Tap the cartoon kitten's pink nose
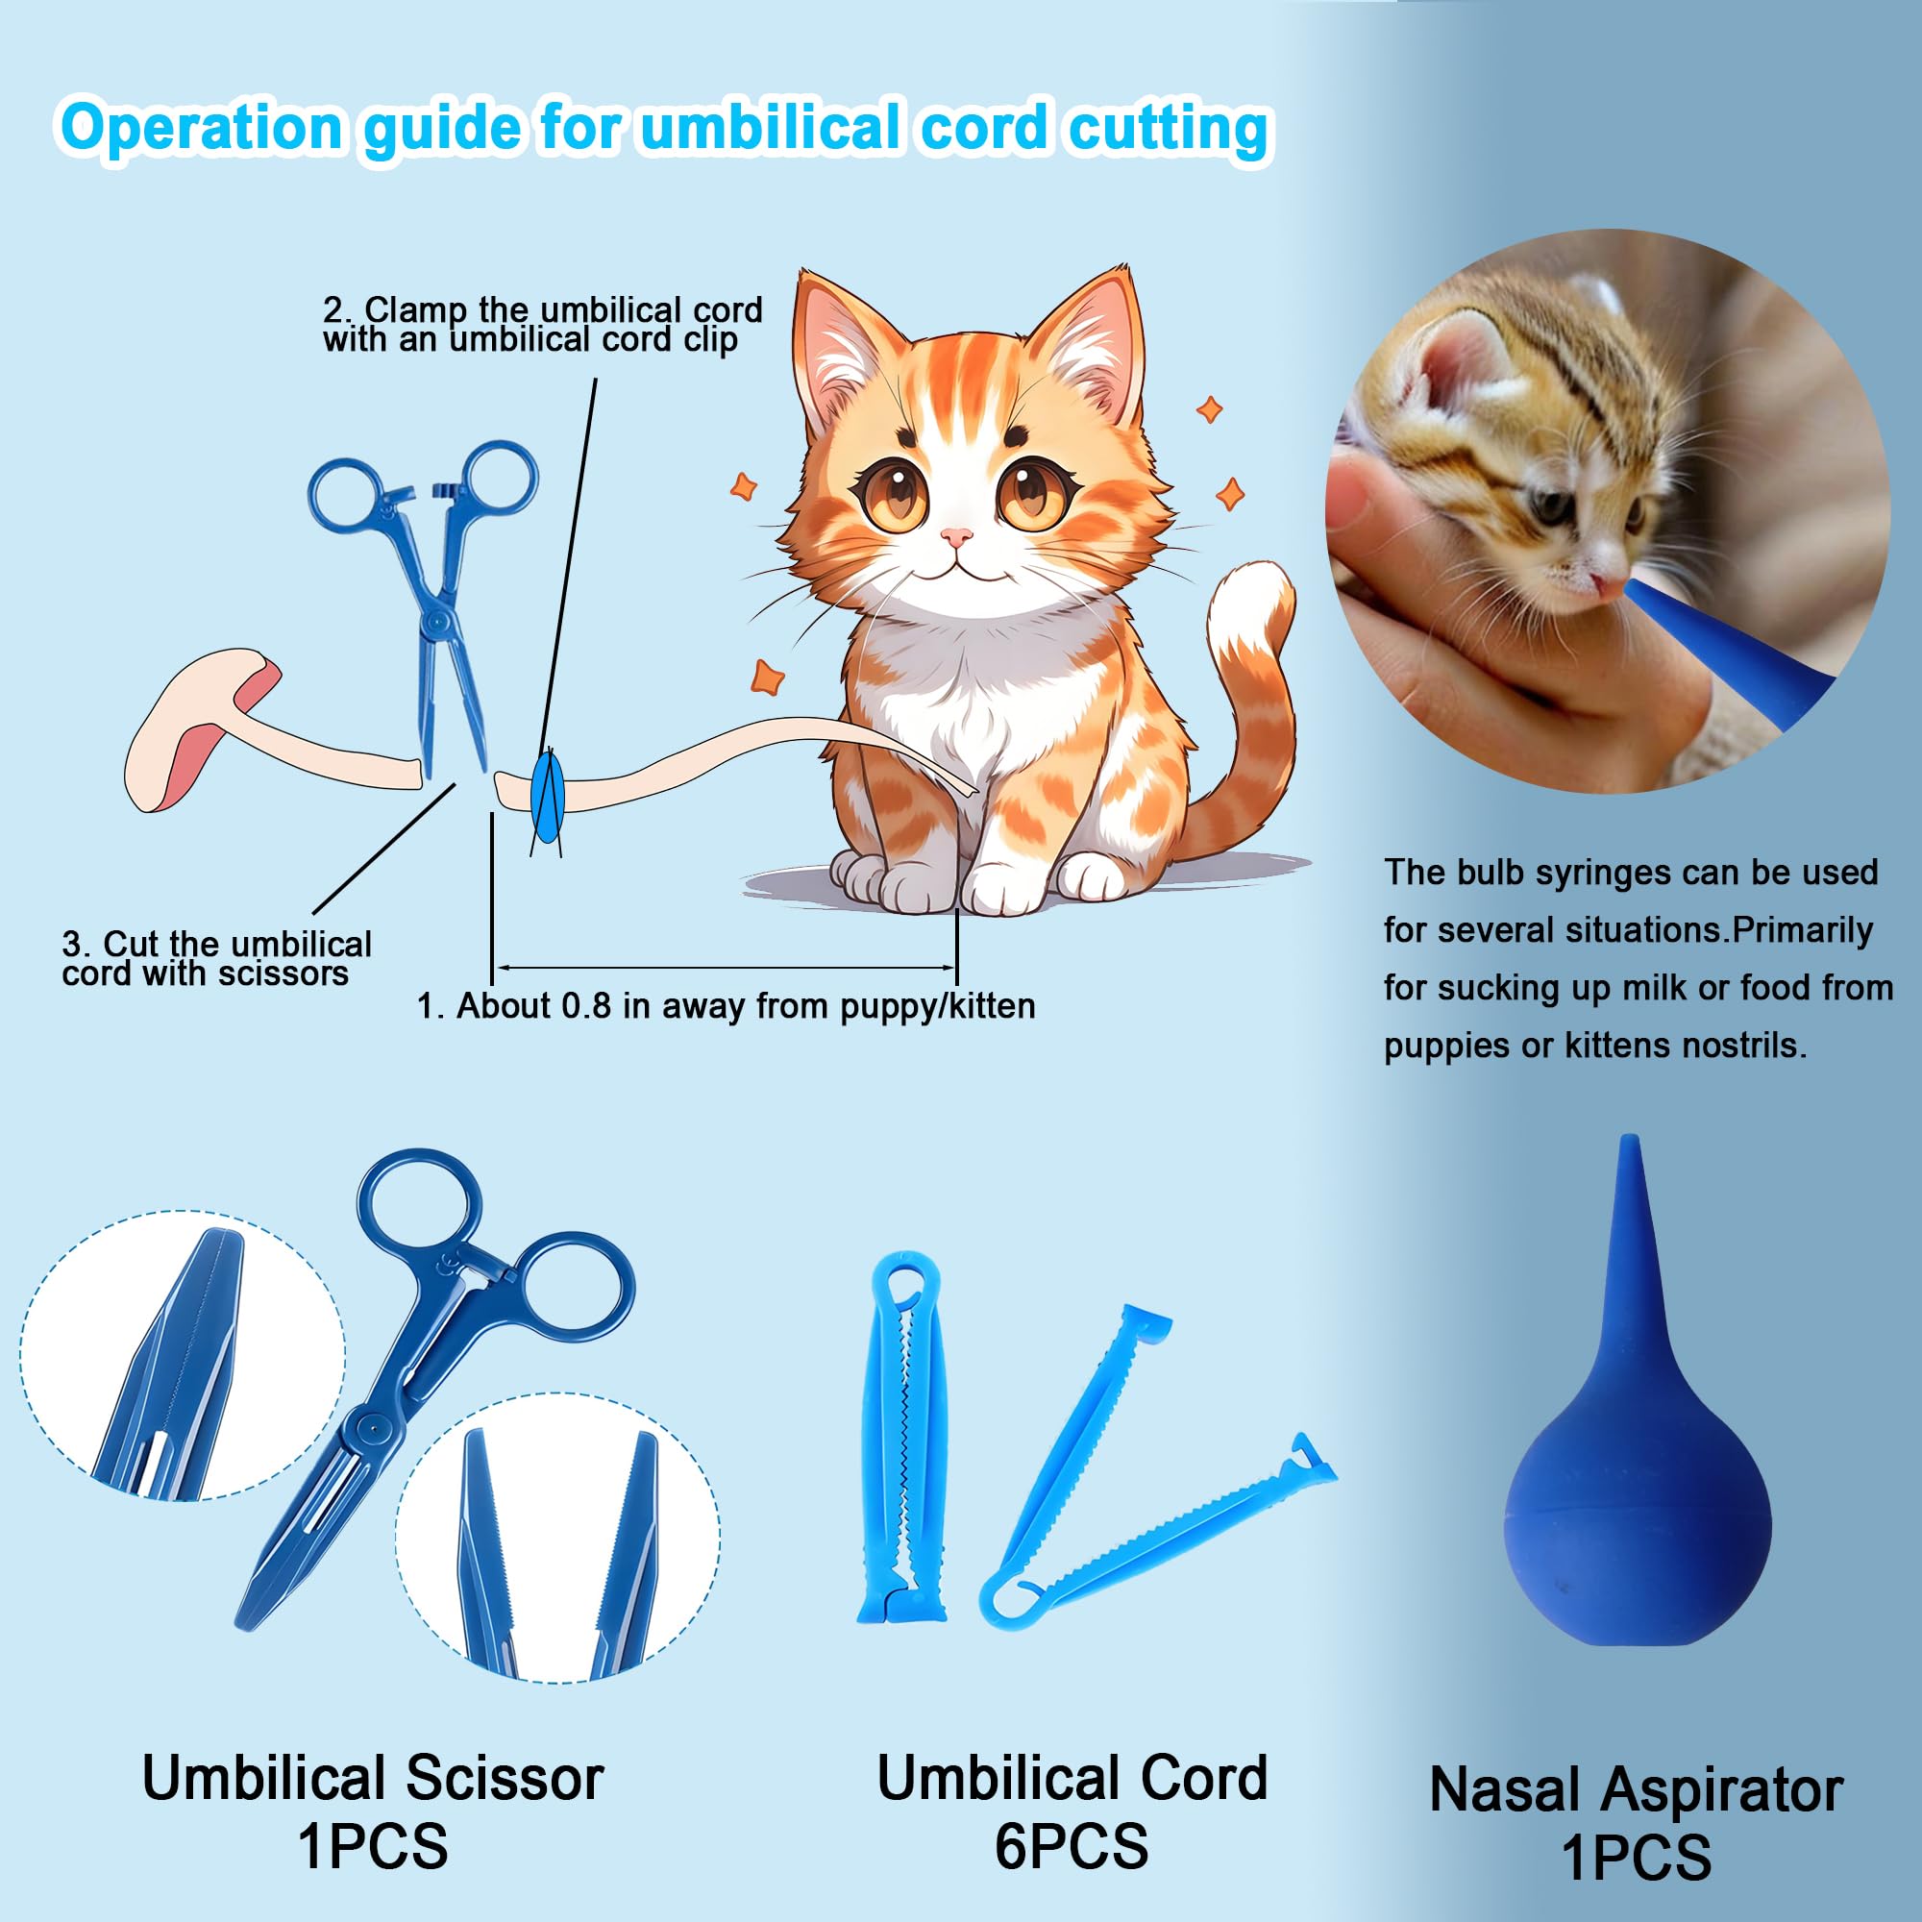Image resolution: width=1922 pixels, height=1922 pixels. (x=957, y=538)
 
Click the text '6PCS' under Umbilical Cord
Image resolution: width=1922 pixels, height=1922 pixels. (x=1072, y=1847)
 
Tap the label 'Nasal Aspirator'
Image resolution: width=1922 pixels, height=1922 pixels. (x=1637, y=1790)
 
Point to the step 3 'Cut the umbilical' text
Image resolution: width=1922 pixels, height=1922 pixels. (x=217, y=943)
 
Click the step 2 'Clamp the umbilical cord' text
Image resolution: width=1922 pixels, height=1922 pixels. (x=542, y=309)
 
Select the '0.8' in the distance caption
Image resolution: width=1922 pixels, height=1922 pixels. (x=586, y=1006)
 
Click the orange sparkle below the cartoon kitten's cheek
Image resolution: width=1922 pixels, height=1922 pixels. (x=767, y=677)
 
